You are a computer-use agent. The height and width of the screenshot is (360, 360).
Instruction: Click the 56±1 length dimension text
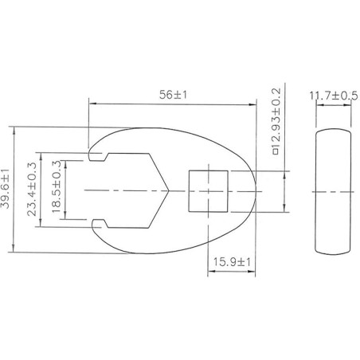[x=173, y=95]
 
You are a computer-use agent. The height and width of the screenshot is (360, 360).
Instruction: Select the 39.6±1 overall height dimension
[x=5, y=189]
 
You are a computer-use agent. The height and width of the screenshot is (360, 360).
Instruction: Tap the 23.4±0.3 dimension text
[x=32, y=189]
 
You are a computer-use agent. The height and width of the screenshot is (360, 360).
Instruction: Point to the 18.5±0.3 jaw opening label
[x=57, y=187]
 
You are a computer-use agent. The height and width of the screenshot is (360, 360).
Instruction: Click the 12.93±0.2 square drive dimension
[x=276, y=122]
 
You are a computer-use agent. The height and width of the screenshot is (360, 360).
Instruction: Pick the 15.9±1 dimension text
[x=232, y=262]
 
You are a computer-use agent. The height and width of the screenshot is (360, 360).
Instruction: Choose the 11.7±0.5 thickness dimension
[x=334, y=96]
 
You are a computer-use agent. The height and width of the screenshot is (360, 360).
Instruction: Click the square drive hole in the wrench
[x=209, y=191]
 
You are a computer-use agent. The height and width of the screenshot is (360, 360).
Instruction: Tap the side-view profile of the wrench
[x=334, y=192]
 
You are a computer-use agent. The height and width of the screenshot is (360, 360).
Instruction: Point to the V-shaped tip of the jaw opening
[x=169, y=190]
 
